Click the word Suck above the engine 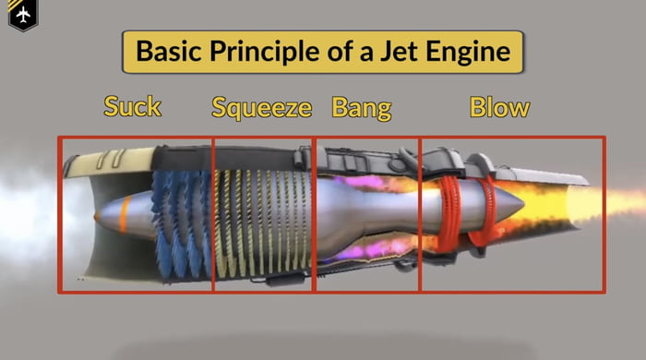(x=132, y=106)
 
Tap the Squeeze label (x=262, y=108)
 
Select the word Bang (x=362, y=107)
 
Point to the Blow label (x=499, y=107)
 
